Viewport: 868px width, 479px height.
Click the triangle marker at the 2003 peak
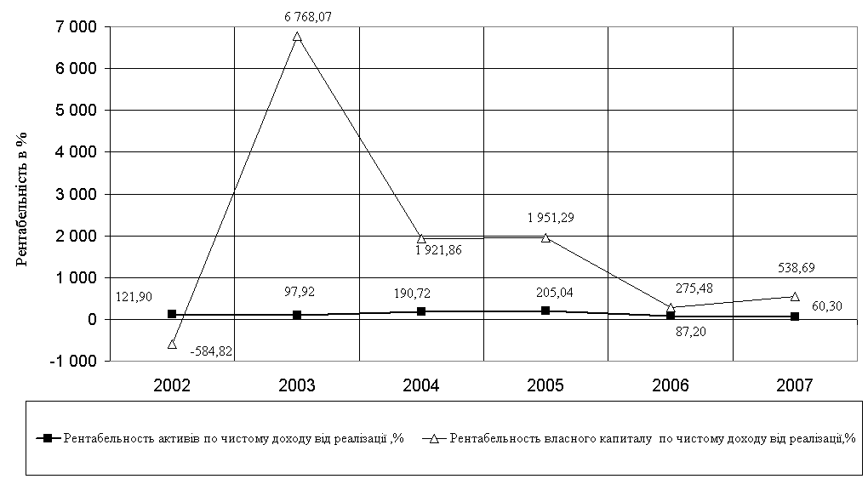pyautogui.click(x=297, y=37)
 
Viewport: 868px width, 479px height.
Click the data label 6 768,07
pyautogui.click(x=297, y=14)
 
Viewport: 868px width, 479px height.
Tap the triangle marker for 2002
pyautogui.click(x=172, y=344)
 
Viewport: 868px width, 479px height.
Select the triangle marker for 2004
pyautogui.click(x=421, y=238)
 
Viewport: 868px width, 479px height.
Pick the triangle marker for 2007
pyautogui.click(x=795, y=297)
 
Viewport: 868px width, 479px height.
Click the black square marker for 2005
pyautogui.click(x=545, y=311)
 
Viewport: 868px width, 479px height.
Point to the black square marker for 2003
pyautogui.click(x=297, y=315)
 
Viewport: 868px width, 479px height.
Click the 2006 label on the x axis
pyautogui.click(x=670, y=385)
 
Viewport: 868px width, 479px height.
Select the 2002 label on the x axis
pyautogui.click(x=172, y=385)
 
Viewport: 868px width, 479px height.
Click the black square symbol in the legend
pyautogui.click(x=49, y=438)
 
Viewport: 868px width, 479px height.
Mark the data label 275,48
pyautogui.click(x=688, y=288)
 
